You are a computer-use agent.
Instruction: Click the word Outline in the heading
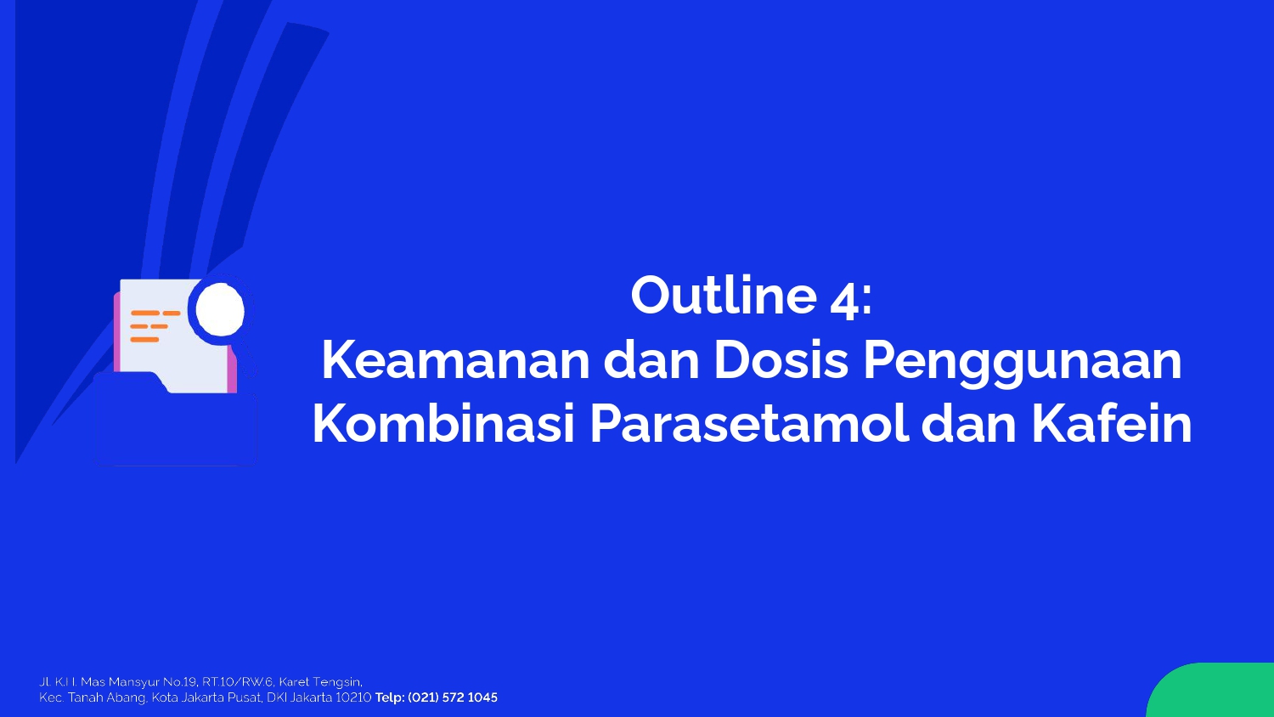(724, 295)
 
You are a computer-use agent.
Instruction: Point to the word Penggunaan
(1023, 364)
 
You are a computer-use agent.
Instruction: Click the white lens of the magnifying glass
(220, 311)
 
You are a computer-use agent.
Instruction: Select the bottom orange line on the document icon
(144, 340)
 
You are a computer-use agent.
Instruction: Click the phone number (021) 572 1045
(453, 697)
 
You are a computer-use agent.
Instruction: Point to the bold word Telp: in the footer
(390, 697)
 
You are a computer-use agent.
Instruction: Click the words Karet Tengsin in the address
(320, 682)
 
